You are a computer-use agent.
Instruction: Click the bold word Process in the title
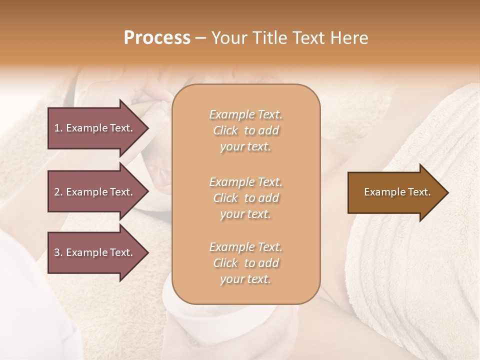[157, 38]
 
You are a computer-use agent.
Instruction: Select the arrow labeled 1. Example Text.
[95, 128]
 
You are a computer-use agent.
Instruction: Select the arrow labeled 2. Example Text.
[95, 192]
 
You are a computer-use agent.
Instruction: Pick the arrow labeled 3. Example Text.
[95, 252]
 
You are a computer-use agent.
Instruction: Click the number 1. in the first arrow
[58, 128]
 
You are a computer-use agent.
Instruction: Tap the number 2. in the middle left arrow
[58, 192]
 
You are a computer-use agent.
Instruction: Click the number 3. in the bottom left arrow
[58, 252]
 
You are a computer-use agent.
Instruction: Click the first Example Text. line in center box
[245, 114]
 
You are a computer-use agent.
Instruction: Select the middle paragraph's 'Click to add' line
[245, 198]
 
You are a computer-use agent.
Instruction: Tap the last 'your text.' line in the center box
[245, 279]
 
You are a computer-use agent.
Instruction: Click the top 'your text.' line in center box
[245, 147]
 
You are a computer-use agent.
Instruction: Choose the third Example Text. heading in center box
[245, 247]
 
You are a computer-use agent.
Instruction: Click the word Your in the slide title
[228, 38]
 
